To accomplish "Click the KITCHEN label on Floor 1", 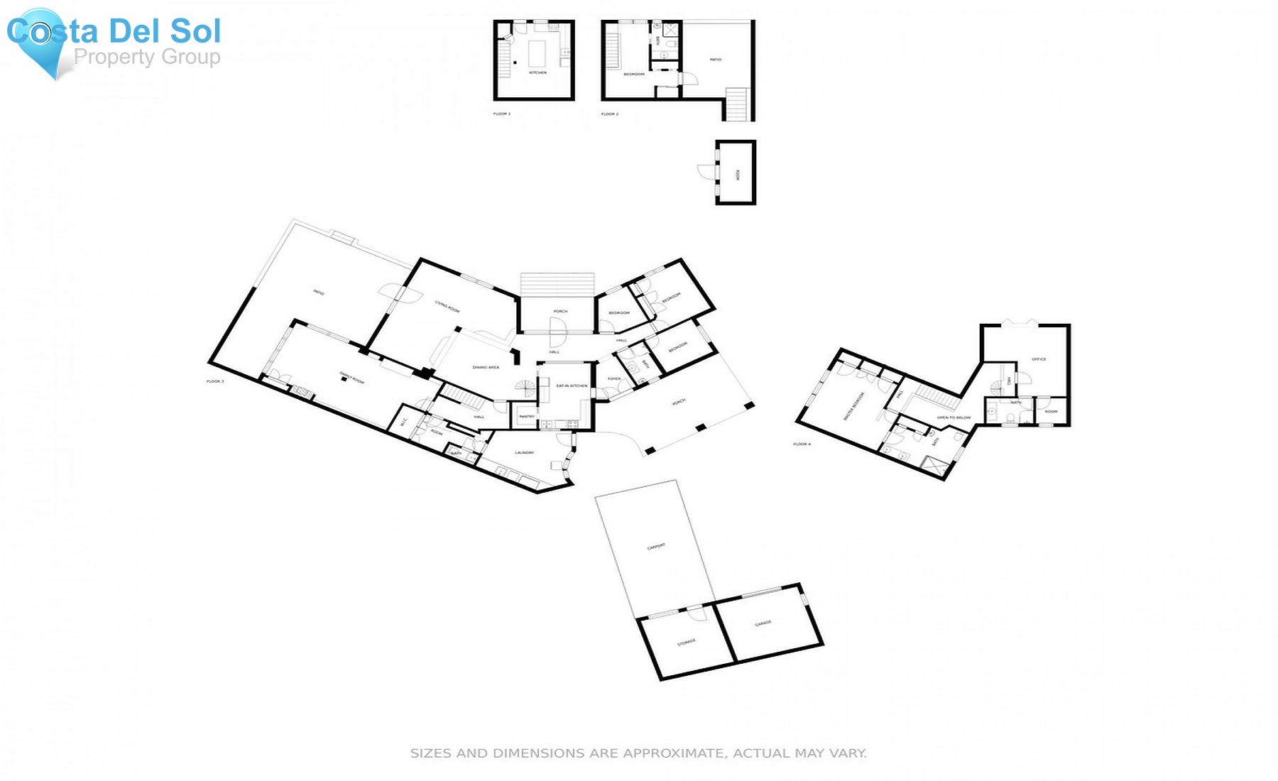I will tap(537, 73).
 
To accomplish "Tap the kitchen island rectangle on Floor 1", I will tap(537, 53).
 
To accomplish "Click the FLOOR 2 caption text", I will tap(610, 114).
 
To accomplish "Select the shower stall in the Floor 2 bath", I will tap(671, 31).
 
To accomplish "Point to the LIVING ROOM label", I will tap(447, 306).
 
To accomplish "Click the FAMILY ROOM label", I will tap(351, 378).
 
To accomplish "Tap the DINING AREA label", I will tap(486, 368).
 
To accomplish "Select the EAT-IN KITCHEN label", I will tap(572, 386).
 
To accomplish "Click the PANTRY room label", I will tap(526, 417).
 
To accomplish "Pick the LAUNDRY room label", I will tap(524, 453).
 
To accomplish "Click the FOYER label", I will tap(614, 379).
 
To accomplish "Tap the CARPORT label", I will tap(656, 547).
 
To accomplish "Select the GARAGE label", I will tap(763, 623).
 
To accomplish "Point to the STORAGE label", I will tap(686, 643).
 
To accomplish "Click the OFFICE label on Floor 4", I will tap(1039, 359).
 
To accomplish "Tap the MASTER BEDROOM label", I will tap(853, 406).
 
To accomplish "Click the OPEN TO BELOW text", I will tap(954, 417).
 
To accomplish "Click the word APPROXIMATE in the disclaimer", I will tap(673, 753).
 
